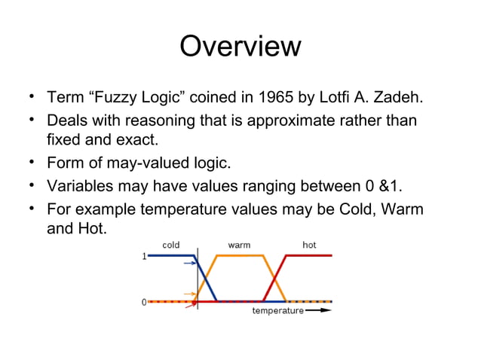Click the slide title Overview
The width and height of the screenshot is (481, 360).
(240, 47)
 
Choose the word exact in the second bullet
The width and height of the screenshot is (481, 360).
(137, 140)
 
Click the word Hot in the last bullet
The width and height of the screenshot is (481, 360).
(90, 228)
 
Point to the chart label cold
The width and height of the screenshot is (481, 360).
(171, 246)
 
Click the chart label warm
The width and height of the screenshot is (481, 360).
(239, 246)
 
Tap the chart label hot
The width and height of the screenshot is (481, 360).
(309, 246)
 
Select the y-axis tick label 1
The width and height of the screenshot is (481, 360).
(143, 257)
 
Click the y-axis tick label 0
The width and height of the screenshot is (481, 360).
(143, 302)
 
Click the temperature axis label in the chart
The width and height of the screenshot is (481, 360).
(277, 310)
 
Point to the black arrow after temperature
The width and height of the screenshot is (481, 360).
(319, 310)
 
